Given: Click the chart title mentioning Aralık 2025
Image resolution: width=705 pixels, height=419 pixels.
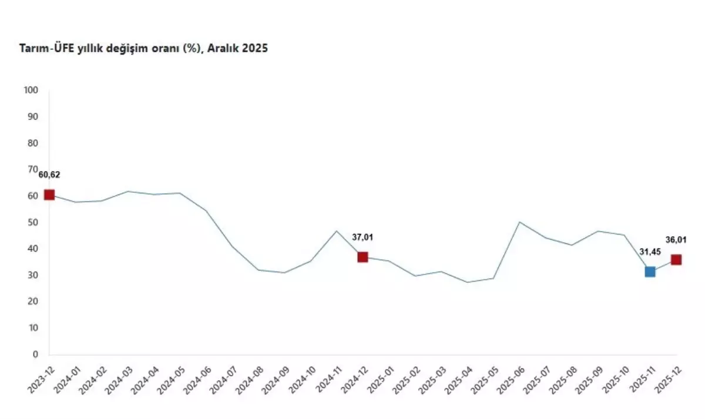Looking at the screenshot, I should tap(144, 49).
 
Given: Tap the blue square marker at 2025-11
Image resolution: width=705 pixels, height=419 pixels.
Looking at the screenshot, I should tap(650, 271).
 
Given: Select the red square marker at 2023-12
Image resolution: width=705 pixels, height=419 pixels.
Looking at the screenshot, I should tap(49, 195).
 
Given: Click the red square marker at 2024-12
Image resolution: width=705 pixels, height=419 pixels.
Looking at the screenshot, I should tap(362, 257).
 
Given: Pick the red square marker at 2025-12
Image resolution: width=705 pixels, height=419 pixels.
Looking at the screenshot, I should tap(676, 260).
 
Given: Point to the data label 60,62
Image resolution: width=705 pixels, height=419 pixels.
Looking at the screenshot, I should tap(49, 175).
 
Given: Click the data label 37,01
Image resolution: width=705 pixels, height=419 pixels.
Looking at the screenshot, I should tap(362, 237).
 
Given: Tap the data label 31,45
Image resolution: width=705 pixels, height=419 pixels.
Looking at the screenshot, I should tap(650, 252).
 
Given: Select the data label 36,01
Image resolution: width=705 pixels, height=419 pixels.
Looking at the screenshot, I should tap(676, 240).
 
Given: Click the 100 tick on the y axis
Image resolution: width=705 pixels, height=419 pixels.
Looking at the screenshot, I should tap(31, 90).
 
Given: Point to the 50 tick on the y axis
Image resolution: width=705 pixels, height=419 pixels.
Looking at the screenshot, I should tap(33, 222).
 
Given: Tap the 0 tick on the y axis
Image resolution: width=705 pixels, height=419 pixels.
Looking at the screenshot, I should tap(35, 354).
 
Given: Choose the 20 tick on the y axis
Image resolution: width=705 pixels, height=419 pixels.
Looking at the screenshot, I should tap(33, 301).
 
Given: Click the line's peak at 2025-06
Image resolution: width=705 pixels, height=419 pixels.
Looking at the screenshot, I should tap(519, 222).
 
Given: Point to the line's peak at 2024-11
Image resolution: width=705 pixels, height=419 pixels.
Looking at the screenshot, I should tap(337, 231).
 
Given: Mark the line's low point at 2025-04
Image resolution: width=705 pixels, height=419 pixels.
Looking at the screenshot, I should tap(467, 282).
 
